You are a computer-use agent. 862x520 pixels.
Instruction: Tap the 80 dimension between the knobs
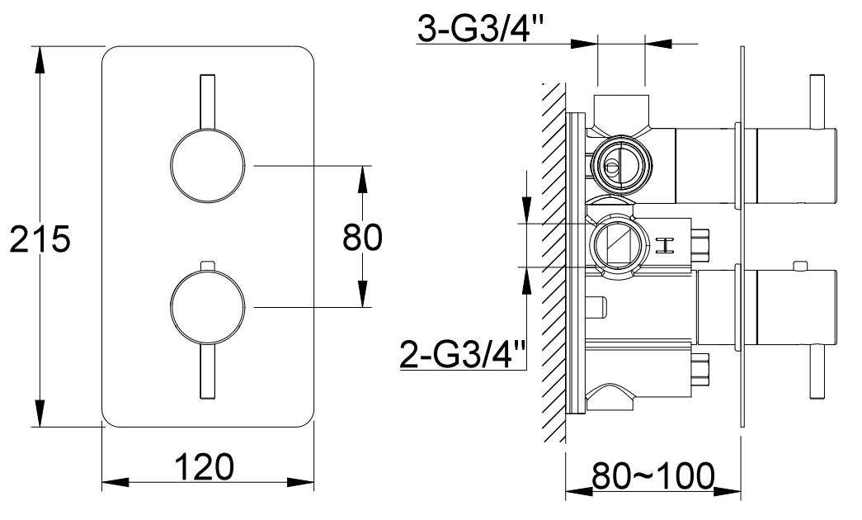[x=362, y=238]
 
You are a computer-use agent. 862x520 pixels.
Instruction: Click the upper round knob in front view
[x=207, y=166]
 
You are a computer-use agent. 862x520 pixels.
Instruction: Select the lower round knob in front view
[x=207, y=307]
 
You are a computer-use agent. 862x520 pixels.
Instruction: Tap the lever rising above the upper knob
[x=207, y=102]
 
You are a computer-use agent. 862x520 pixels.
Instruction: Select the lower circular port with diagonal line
[x=614, y=244]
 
